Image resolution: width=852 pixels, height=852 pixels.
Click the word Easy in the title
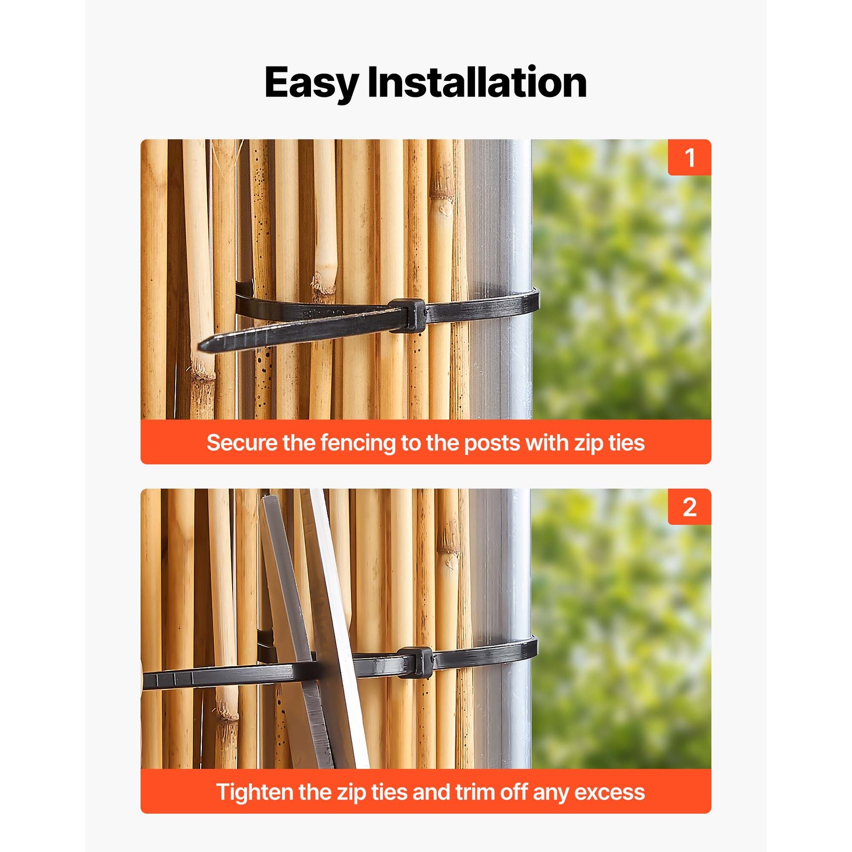(311, 83)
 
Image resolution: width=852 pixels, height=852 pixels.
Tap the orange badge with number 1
(689, 158)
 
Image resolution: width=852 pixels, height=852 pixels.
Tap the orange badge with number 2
(689, 507)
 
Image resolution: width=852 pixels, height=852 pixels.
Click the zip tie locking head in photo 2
(416, 662)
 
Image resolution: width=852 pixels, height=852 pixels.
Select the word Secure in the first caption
(242, 443)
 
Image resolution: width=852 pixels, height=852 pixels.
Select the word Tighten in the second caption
(255, 792)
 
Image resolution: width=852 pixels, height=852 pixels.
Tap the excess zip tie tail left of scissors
(213, 677)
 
